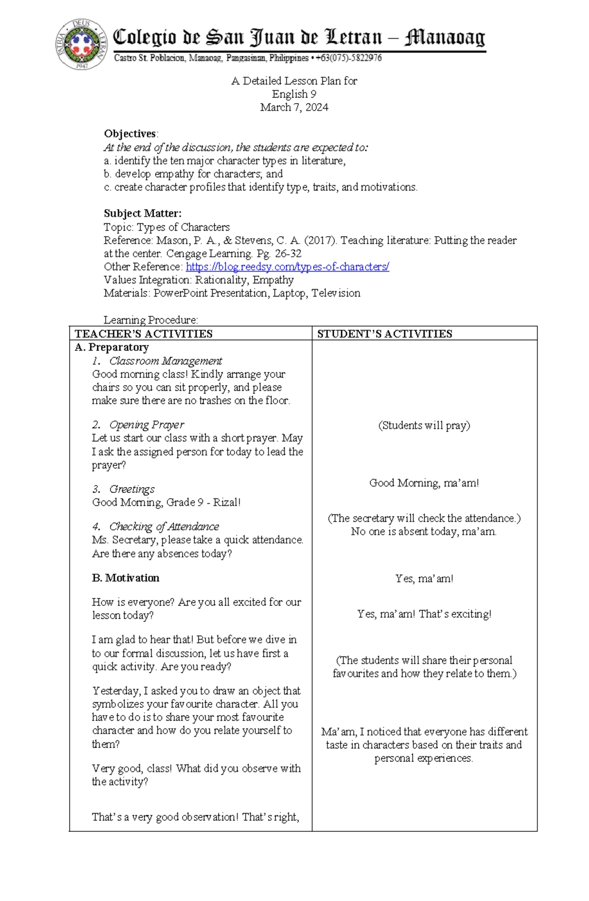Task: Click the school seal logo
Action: [x=81, y=44]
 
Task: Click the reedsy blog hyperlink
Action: [x=287, y=267]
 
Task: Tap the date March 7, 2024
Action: [x=294, y=108]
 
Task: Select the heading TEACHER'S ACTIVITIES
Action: [x=143, y=334]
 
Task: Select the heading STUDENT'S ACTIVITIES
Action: [x=384, y=334]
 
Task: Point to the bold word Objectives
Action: [x=130, y=134]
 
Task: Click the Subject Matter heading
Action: [x=142, y=214]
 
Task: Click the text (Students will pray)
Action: [x=424, y=425]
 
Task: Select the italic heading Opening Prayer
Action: [x=146, y=425]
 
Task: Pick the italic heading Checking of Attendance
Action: [x=164, y=526]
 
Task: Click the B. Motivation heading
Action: [x=126, y=578]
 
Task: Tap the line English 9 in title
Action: [x=294, y=94]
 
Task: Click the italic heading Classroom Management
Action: [x=165, y=361]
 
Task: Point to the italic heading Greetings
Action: [x=132, y=489]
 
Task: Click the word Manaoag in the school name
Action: [x=444, y=38]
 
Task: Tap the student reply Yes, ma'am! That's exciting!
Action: [x=424, y=614]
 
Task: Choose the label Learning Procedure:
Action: [x=151, y=320]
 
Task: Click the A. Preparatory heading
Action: [x=111, y=347]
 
